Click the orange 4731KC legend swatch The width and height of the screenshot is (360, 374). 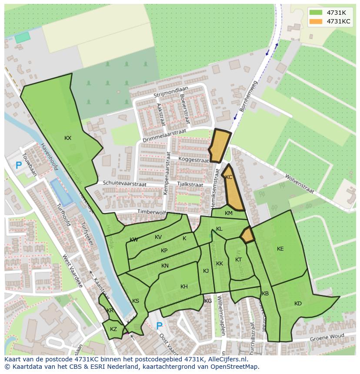pos(317,21)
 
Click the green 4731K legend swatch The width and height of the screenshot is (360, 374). pos(317,12)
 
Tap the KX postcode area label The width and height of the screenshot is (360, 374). pos(68,138)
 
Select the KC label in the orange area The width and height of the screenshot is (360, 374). pos(229,177)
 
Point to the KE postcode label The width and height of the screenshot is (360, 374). pos(280,249)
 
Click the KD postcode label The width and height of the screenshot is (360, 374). pos(298,304)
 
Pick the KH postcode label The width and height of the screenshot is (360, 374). pos(184,287)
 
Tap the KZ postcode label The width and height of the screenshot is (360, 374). pos(113,329)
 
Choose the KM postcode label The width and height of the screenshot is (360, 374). pos(229,213)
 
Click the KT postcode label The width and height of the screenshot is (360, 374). pos(238,260)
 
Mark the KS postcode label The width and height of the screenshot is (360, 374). pos(136,301)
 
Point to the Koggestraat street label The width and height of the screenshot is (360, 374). pos(193,160)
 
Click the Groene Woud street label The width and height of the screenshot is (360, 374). pos(327,337)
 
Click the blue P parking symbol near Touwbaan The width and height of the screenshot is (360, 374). pos(18,165)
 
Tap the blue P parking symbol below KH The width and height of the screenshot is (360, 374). pos(159,326)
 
